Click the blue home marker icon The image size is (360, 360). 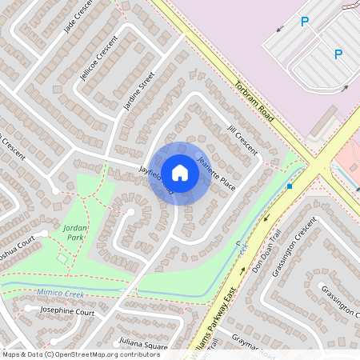[x=180, y=173]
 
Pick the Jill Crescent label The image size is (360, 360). [x=242, y=138]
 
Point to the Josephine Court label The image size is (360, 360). [x=66, y=313]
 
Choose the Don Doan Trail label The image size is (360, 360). [x=258, y=255]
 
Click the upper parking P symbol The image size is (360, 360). [x=304, y=22]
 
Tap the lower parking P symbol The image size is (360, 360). [x=338, y=54]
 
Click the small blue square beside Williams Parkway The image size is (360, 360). [x=290, y=186]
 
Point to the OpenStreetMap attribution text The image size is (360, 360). [x=80, y=354]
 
